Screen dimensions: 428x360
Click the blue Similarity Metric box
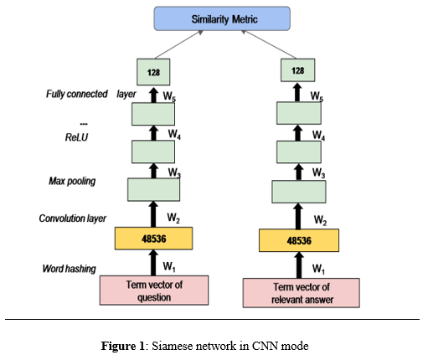(222, 18)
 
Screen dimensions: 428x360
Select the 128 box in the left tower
(153, 72)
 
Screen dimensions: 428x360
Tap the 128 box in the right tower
(297, 70)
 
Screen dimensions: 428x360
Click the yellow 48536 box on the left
(153, 239)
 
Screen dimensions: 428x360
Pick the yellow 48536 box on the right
(299, 240)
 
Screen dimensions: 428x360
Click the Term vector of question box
(154, 291)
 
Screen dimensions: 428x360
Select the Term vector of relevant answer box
(301, 293)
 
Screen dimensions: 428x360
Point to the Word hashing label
(70, 269)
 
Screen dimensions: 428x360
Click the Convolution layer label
(73, 219)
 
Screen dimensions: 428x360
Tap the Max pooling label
(72, 181)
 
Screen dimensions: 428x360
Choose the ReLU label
(76, 137)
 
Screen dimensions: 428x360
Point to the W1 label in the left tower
(169, 267)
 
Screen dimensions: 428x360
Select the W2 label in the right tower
(320, 220)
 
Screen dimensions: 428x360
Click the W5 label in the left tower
(169, 96)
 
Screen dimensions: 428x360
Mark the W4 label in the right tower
(318, 136)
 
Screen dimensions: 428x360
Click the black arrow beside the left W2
(153, 214)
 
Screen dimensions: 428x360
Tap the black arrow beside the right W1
(299, 265)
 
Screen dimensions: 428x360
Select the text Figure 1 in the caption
(122, 347)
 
